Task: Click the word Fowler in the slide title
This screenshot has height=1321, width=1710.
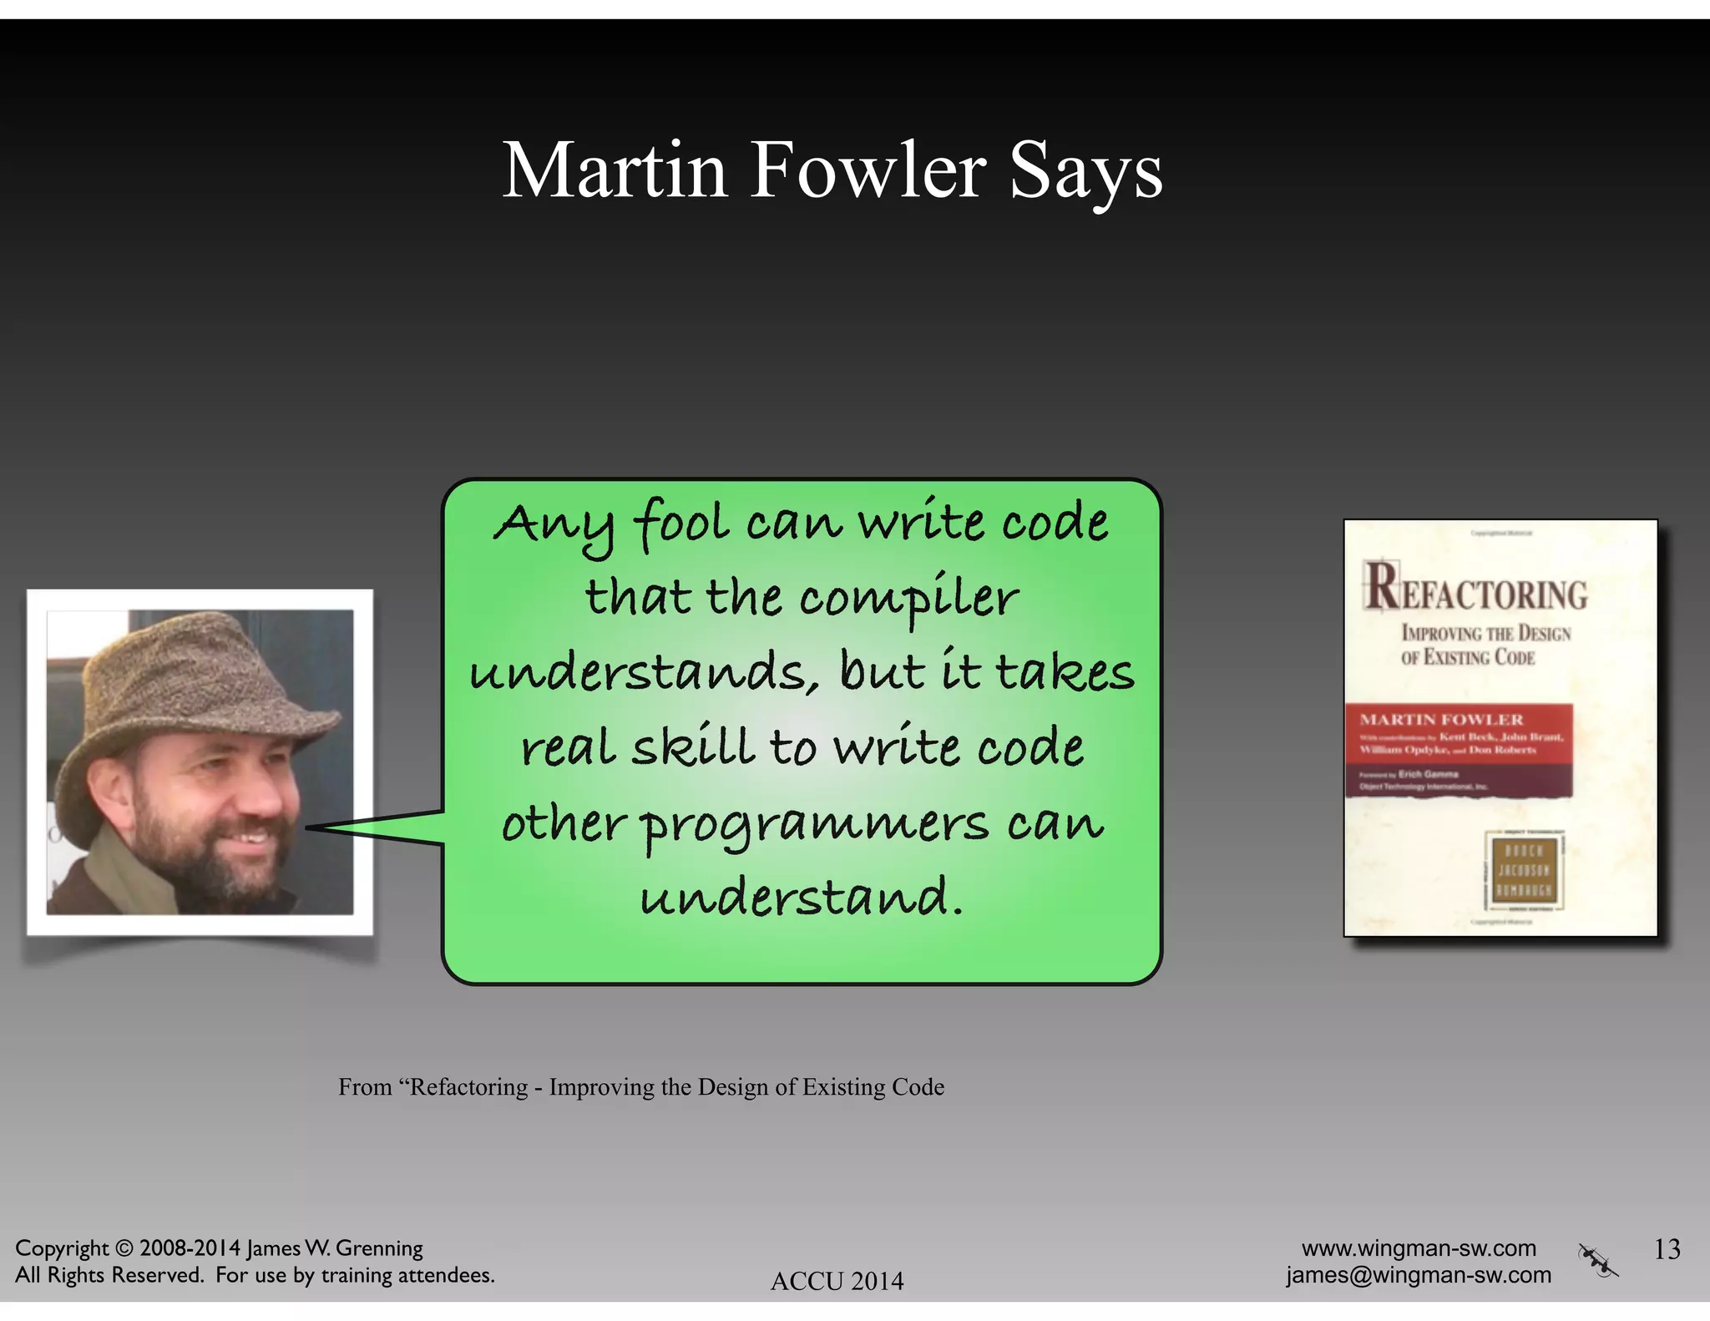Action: point(868,170)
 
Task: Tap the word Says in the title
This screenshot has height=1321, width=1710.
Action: point(1085,172)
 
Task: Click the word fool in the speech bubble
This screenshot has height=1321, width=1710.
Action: point(682,524)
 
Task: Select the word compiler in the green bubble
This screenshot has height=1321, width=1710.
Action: point(908,600)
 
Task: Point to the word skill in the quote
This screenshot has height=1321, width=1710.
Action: point(694,747)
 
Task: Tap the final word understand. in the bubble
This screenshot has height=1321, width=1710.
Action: point(802,897)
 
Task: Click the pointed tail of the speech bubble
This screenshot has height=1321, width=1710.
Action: point(334,827)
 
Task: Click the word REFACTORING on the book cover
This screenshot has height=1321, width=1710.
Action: point(1476,588)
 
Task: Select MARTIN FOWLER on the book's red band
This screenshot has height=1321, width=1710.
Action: point(1441,720)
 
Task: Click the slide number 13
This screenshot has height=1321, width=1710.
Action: point(1667,1249)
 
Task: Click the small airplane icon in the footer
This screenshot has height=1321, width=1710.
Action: point(1598,1261)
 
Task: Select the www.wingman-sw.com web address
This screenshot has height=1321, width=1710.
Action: point(1419,1248)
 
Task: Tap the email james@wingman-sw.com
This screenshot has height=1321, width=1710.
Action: point(1419,1275)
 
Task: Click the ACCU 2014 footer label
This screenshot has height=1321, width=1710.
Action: point(837,1281)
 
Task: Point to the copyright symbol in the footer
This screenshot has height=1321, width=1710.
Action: point(124,1248)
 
